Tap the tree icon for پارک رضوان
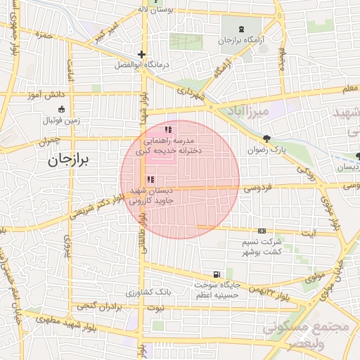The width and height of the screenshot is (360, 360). (266, 139)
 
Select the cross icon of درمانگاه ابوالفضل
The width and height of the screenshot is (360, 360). (141, 54)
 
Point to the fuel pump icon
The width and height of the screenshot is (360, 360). (215, 274)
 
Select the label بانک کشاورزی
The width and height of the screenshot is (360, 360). (148, 292)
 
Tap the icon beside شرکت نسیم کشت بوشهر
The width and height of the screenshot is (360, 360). (262, 230)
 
